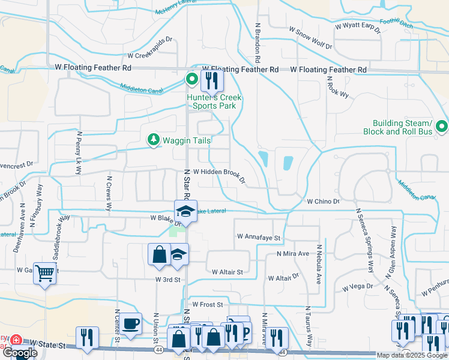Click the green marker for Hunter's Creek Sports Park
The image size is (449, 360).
(192, 79)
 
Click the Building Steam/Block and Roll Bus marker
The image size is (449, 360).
(441, 127)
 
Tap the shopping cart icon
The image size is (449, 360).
(44, 273)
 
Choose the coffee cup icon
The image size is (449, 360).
(130, 323)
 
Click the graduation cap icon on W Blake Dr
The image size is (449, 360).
(185, 211)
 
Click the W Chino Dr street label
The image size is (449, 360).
(324, 202)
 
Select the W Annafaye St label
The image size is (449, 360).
(259, 238)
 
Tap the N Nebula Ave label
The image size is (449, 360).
(319, 255)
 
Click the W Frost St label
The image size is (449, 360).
(206, 305)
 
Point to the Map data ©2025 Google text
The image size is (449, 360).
(412, 355)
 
